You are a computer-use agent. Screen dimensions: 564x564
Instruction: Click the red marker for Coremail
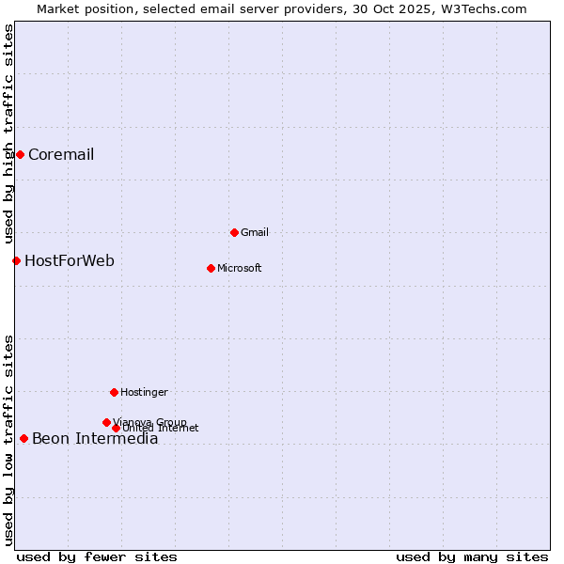20,154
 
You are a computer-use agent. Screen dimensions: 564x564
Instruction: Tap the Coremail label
61,155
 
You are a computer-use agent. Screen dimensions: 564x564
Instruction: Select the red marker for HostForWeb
16,260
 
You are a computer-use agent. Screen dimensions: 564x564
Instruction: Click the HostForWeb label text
70,261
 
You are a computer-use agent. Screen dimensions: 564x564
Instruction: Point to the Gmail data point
234,232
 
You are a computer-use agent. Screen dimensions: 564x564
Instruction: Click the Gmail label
255,232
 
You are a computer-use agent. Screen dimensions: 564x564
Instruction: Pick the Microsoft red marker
211,268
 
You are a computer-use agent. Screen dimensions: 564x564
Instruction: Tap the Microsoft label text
240,268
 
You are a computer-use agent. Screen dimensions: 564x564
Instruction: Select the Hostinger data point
114,392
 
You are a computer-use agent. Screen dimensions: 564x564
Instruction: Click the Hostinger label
144,392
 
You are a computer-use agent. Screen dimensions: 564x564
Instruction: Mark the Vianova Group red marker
106,422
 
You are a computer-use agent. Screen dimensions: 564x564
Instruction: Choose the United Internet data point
116,428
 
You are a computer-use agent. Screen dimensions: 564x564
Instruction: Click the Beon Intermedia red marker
23,438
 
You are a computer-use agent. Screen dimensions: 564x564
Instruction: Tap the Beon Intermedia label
95,439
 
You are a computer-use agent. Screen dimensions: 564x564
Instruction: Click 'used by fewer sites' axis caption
97,556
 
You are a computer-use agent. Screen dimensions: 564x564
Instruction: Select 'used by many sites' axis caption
472,556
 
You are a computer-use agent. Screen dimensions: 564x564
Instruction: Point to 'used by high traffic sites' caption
9,133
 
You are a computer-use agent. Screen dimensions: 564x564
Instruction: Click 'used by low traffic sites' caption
9,440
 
